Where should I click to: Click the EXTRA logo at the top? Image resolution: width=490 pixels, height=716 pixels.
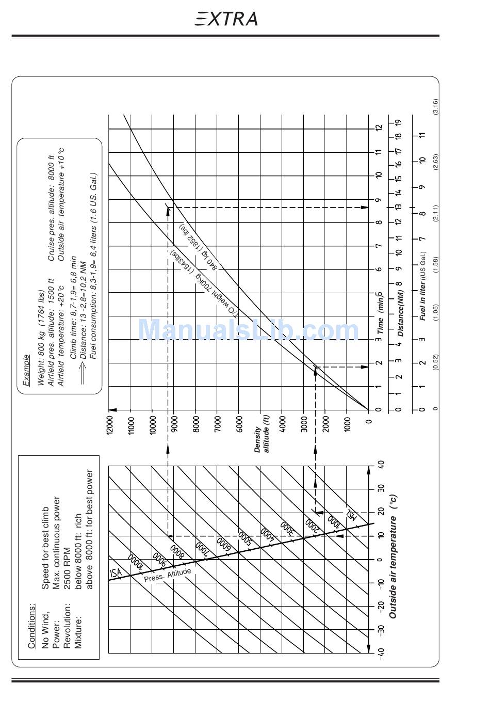pyautogui.click(x=226, y=19)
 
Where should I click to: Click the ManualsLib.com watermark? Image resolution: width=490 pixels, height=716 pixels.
pyautogui.click(x=248, y=330)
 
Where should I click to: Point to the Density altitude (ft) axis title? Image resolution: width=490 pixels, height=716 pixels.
pyautogui.click(x=262, y=440)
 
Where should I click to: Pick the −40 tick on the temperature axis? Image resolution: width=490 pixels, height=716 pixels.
pyautogui.click(x=381, y=653)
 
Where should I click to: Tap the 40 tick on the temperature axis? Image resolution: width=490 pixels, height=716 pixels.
pyautogui.click(x=381, y=465)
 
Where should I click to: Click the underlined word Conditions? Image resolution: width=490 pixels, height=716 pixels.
pyautogui.click(x=32, y=626)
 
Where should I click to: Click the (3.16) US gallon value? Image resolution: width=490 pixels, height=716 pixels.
pyautogui.click(x=435, y=106)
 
